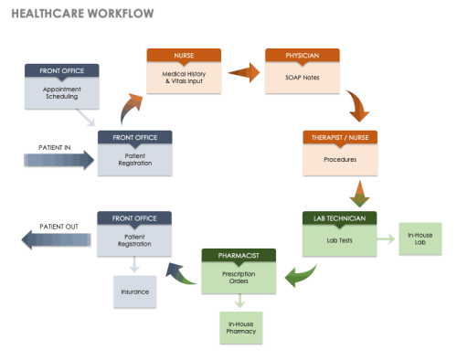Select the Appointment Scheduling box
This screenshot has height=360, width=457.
click(62, 92)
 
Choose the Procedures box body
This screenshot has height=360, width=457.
click(339, 159)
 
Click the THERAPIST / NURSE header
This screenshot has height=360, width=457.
click(339, 136)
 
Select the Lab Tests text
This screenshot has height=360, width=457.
click(339, 240)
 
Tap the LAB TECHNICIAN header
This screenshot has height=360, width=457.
click(339, 218)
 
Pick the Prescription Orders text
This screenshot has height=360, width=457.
click(238, 278)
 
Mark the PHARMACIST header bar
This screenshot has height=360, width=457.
click(238, 255)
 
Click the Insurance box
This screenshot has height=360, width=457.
click(135, 291)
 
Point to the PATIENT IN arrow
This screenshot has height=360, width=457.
click(59, 161)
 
